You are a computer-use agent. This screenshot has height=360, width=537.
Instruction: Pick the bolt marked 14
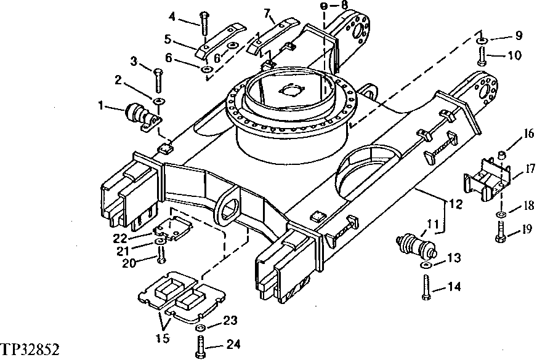coord(426,287)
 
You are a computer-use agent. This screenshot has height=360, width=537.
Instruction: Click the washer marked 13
coord(426,265)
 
